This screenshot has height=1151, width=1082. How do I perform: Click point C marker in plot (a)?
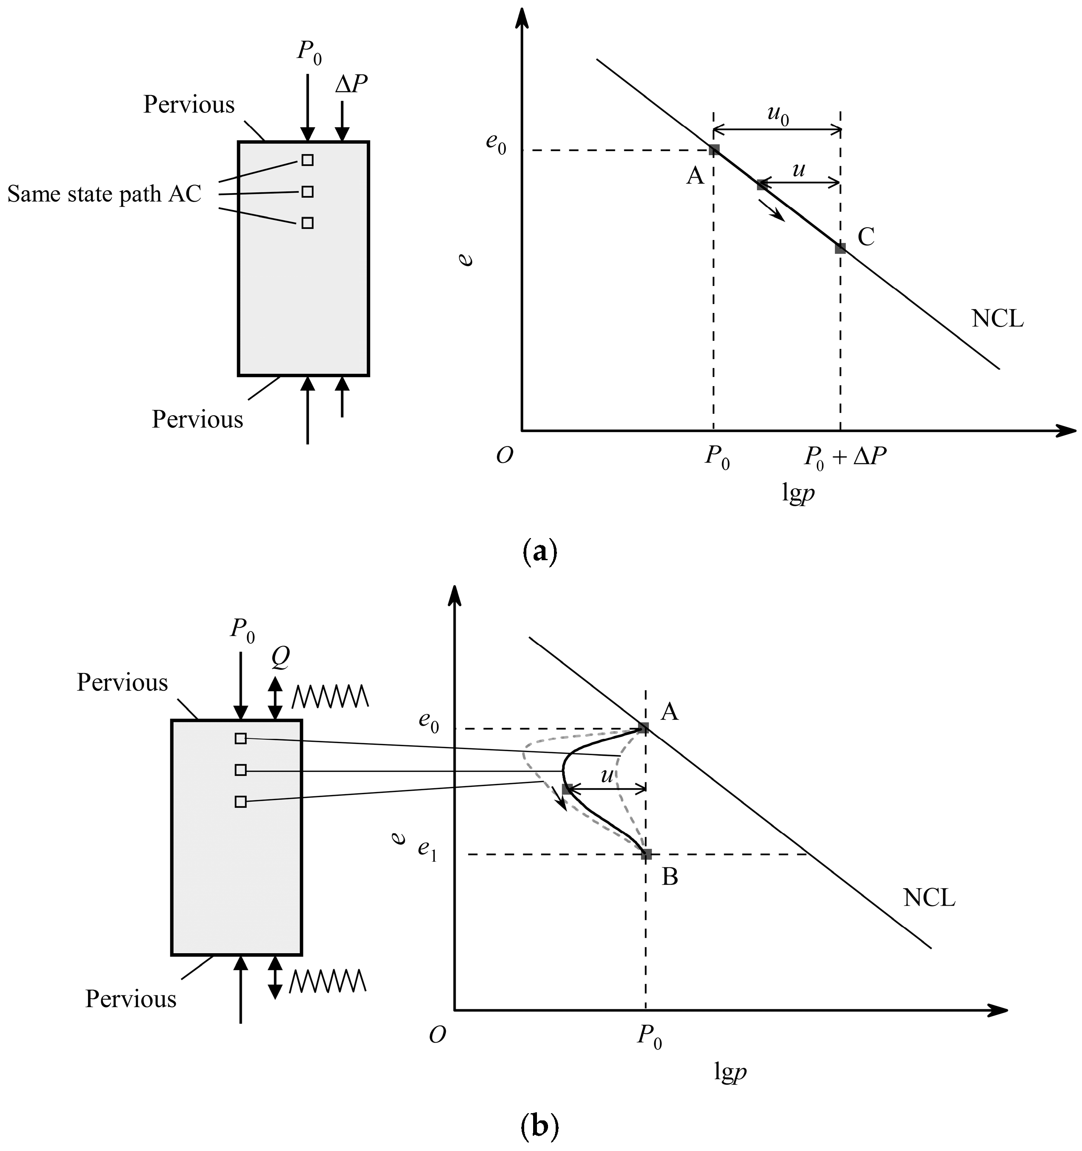pos(840,248)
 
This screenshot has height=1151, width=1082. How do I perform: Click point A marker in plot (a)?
pos(714,150)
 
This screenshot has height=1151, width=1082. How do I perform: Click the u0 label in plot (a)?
pos(778,115)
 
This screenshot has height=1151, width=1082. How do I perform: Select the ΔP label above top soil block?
pos(351,85)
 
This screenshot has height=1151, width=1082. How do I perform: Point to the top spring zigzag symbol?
pos(330,696)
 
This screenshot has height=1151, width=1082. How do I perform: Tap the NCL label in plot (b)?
pos(928,898)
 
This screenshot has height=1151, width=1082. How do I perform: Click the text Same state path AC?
pos(104,194)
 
